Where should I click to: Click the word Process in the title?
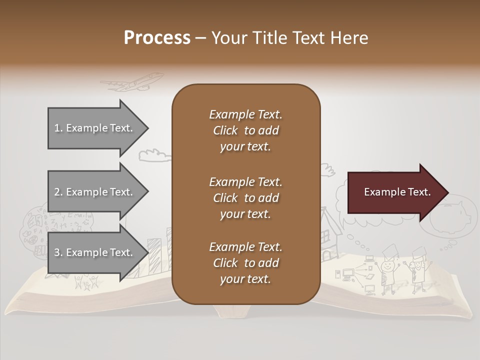157,38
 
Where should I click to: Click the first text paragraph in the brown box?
245,130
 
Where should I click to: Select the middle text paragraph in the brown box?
245,198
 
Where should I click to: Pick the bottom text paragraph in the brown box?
245,263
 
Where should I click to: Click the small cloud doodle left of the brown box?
154,155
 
